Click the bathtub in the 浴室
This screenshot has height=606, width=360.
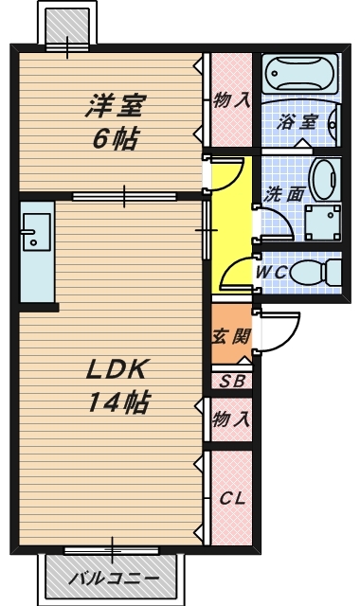(x=300, y=74)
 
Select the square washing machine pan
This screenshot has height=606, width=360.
(x=323, y=223)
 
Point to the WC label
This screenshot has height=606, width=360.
(x=272, y=272)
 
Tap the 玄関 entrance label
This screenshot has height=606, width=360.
(x=231, y=337)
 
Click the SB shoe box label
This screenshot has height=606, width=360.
(x=232, y=382)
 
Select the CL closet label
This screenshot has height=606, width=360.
(x=232, y=499)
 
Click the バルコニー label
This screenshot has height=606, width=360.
(x=115, y=579)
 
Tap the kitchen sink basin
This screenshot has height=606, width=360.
(x=37, y=232)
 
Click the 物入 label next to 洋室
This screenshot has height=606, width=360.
(x=232, y=100)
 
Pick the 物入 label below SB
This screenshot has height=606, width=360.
(x=232, y=419)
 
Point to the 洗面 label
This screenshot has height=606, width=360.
(x=283, y=194)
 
